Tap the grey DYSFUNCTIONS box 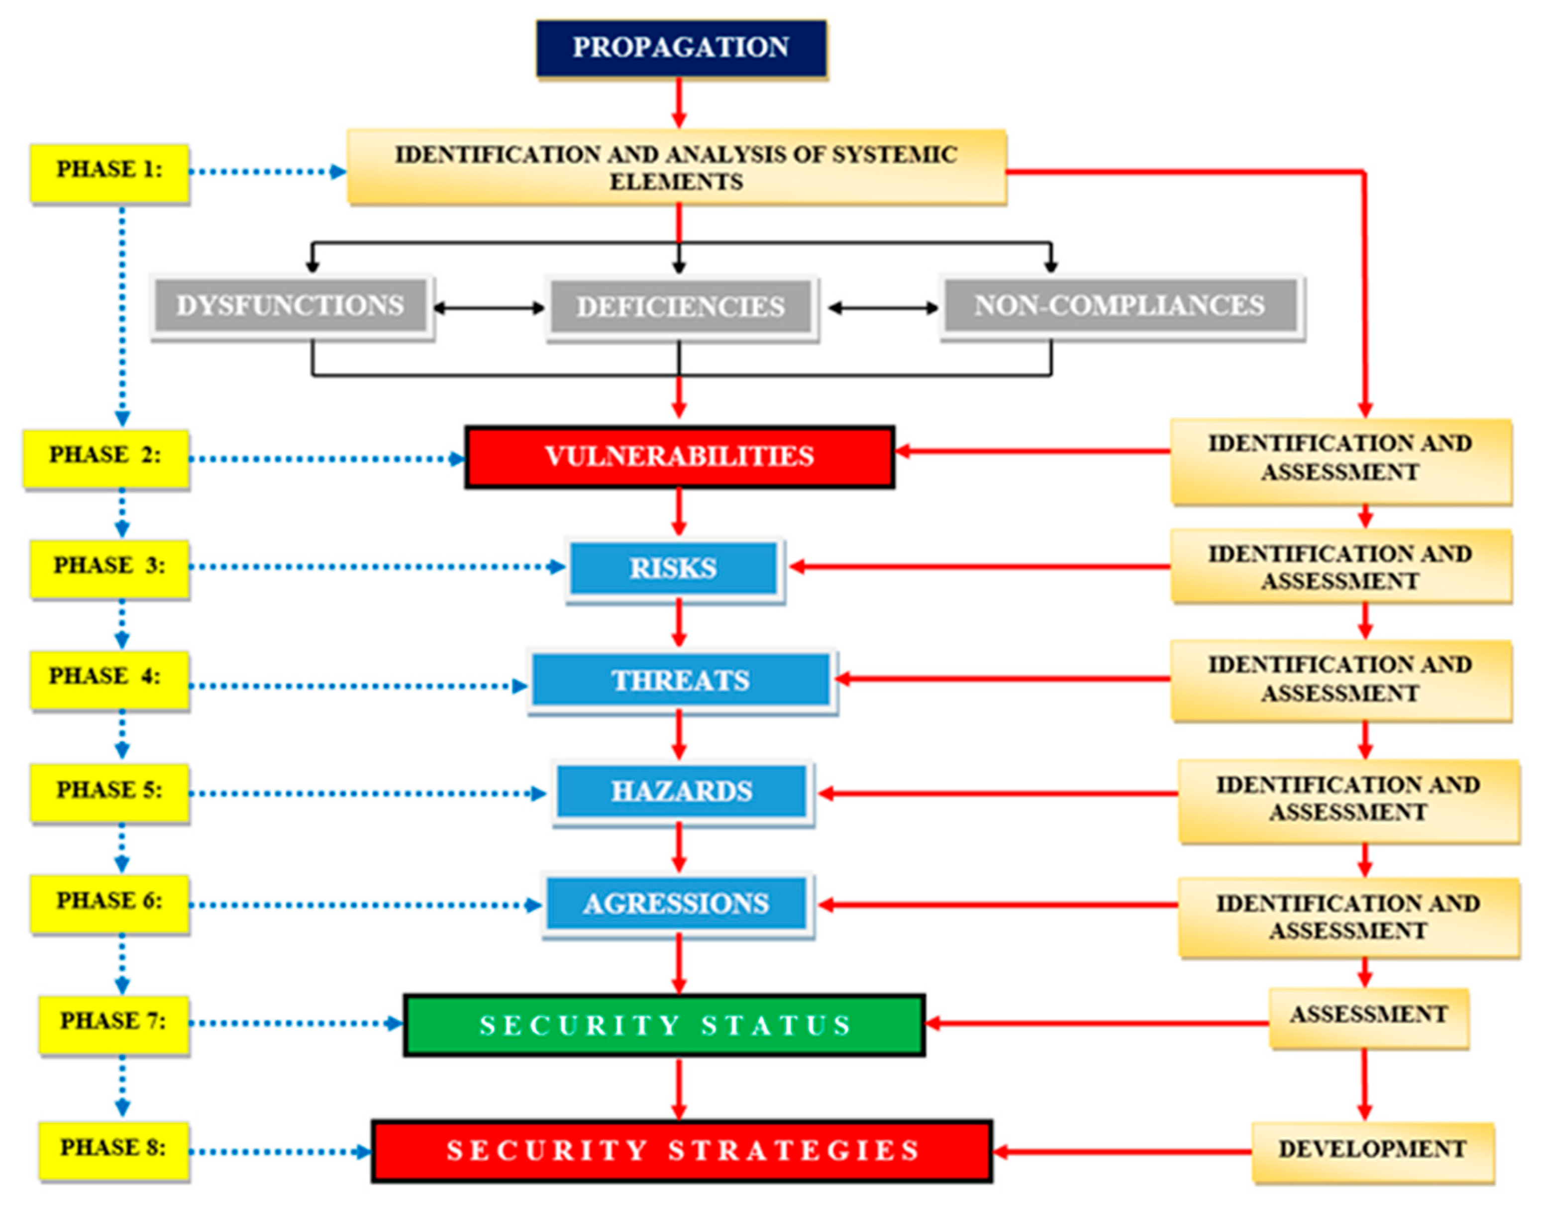coord(291,305)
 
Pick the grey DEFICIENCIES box coord(681,307)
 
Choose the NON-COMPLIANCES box coord(1119,305)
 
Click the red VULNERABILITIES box coord(679,457)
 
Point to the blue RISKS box coord(674,568)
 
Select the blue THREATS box coord(681,680)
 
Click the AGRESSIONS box coord(677,904)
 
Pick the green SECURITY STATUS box coord(664,1025)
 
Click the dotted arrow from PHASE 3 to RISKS coord(376,567)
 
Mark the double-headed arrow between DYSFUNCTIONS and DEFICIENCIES coord(489,307)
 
